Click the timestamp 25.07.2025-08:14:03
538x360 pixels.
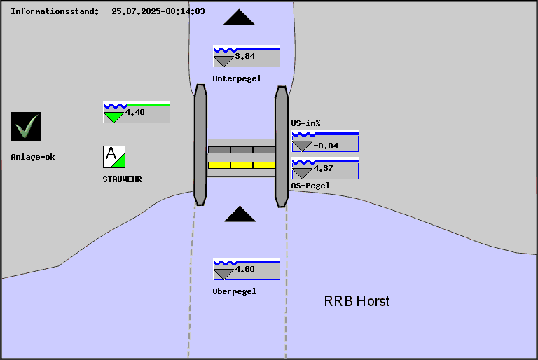coord(158,12)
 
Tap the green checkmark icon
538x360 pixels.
coord(26,127)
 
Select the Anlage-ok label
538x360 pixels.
coord(33,157)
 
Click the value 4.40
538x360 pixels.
coord(135,112)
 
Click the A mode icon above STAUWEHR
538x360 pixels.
coord(114,156)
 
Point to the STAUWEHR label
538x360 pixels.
coord(123,179)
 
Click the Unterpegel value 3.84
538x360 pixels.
coord(245,56)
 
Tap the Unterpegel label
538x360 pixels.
coord(237,78)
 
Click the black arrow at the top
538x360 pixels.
coord(244,18)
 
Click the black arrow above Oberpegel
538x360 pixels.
coord(240,214)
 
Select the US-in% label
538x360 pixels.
coord(305,123)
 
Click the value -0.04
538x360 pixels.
coord(326,146)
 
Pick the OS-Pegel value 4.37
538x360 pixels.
coord(324,169)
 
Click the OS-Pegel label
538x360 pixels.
coord(310,186)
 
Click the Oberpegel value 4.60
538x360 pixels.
coord(245,269)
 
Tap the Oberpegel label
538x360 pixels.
coord(234,291)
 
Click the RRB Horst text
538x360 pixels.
coord(357,301)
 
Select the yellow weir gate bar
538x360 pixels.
coord(242,165)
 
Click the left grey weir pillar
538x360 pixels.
coord(200,145)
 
